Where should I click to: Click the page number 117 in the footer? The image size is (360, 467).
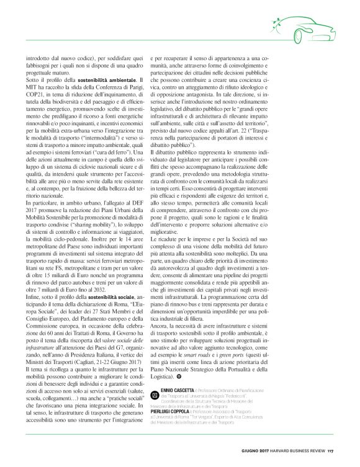pos(331,449)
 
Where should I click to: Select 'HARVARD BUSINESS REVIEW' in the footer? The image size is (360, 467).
pos(296,449)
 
